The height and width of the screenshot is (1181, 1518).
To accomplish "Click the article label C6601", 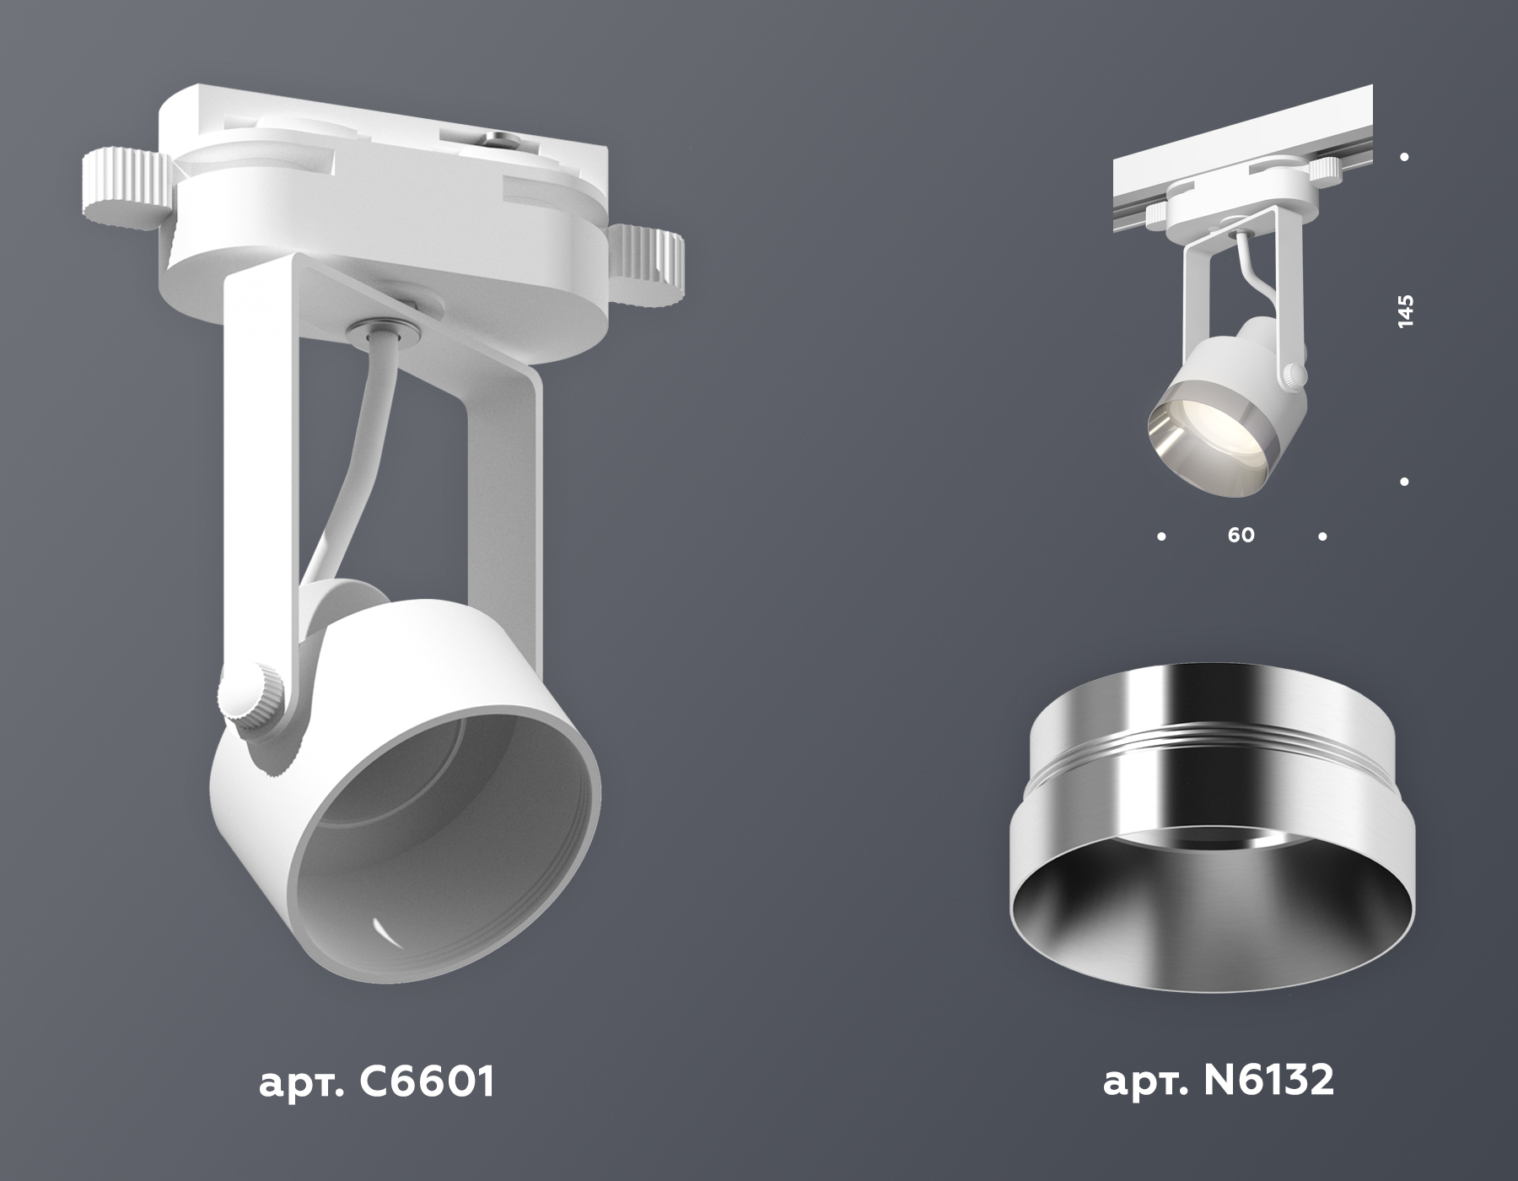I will click(376, 1082).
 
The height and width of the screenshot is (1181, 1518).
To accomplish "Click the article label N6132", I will click(1219, 1082).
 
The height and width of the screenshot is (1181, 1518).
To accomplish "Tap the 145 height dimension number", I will click(1405, 311).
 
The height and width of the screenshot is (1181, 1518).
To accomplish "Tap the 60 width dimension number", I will click(1241, 535).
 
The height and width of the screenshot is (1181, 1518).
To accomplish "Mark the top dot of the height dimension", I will click(1405, 157).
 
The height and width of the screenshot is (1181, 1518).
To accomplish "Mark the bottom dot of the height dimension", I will click(1405, 482).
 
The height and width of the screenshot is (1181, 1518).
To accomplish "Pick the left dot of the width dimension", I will click(1162, 536).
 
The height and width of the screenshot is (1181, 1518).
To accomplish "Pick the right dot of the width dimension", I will click(1322, 536).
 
